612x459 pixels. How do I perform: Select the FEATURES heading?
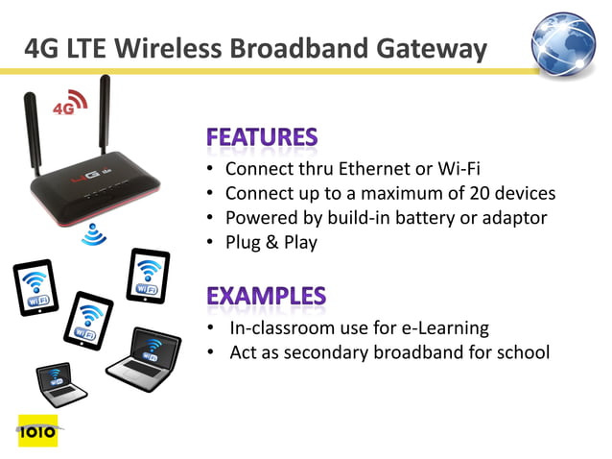261,137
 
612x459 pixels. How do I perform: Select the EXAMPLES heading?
266,296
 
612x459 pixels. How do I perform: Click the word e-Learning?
444,328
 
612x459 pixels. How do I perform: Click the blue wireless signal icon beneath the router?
93,233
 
